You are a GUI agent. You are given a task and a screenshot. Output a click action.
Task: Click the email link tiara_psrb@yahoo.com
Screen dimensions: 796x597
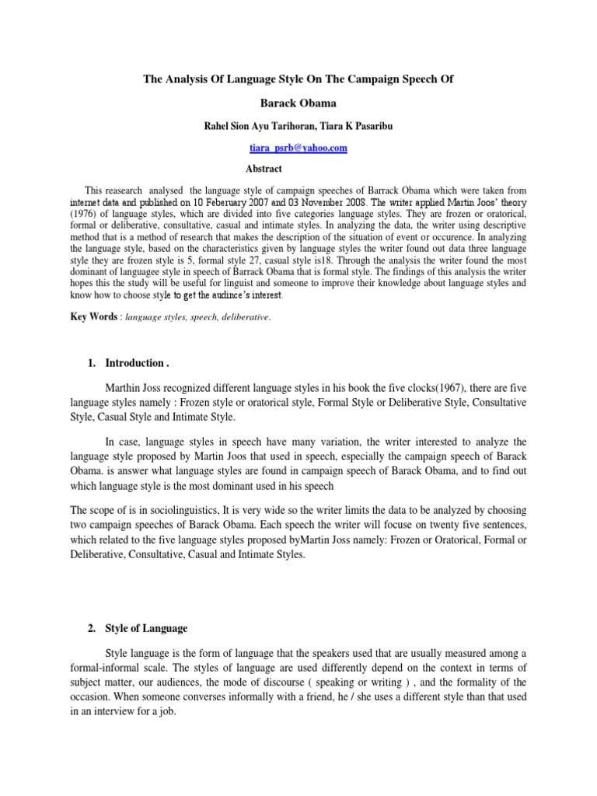tap(298, 148)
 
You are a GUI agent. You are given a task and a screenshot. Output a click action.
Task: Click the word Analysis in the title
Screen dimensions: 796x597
tap(187, 79)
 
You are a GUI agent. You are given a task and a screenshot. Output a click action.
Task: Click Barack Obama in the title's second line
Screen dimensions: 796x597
tap(298, 102)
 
